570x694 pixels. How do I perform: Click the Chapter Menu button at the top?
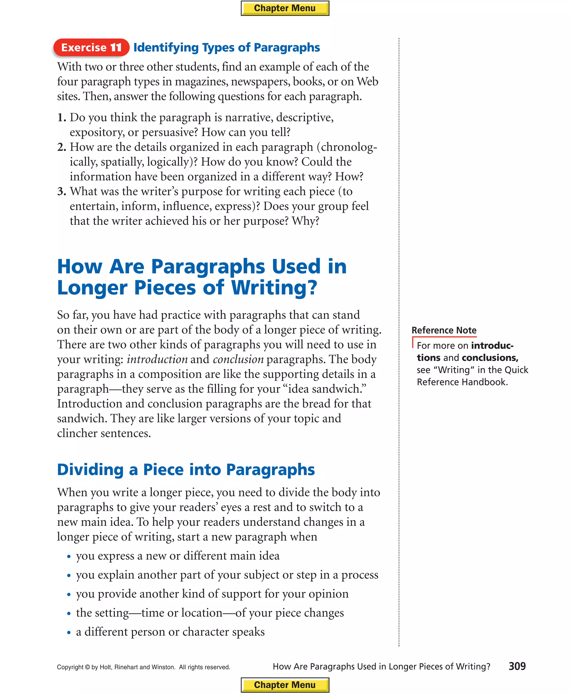click(285, 8)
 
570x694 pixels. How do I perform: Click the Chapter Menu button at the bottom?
click(285, 685)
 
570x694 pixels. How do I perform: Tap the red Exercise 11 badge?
click(91, 47)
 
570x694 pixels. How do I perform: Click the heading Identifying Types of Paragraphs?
click(227, 47)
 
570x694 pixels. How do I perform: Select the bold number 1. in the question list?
click(62, 117)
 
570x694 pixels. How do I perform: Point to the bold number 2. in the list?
click(62, 147)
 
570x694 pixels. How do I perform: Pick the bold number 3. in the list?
click(62, 191)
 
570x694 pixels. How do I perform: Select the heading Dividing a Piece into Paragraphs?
click(186, 469)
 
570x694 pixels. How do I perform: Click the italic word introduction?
click(157, 359)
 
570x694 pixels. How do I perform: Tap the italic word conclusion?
click(238, 359)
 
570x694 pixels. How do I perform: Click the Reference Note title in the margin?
click(444, 330)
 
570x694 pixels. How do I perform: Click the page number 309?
click(517, 666)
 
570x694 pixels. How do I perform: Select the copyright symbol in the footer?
click(87, 667)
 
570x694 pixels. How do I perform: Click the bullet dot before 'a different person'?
click(69, 632)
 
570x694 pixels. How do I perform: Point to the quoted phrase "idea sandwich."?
click(327, 389)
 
